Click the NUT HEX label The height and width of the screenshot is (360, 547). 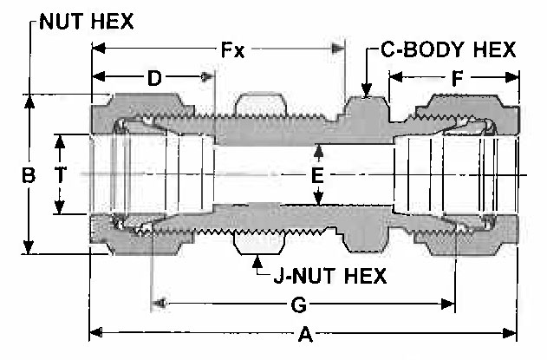click(x=87, y=22)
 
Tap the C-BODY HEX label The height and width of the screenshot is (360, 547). click(x=448, y=49)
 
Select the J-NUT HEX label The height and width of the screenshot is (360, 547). click(x=330, y=276)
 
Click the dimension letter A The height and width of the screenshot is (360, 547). click(x=306, y=335)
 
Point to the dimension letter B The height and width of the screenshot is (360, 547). click(x=29, y=175)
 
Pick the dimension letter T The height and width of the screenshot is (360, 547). click(x=60, y=174)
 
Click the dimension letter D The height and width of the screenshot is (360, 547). click(x=154, y=78)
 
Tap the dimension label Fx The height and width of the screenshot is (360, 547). click(x=232, y=50)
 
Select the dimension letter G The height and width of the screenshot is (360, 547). click(x=299, y=304)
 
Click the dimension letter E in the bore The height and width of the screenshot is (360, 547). click(x=317, y=175)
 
